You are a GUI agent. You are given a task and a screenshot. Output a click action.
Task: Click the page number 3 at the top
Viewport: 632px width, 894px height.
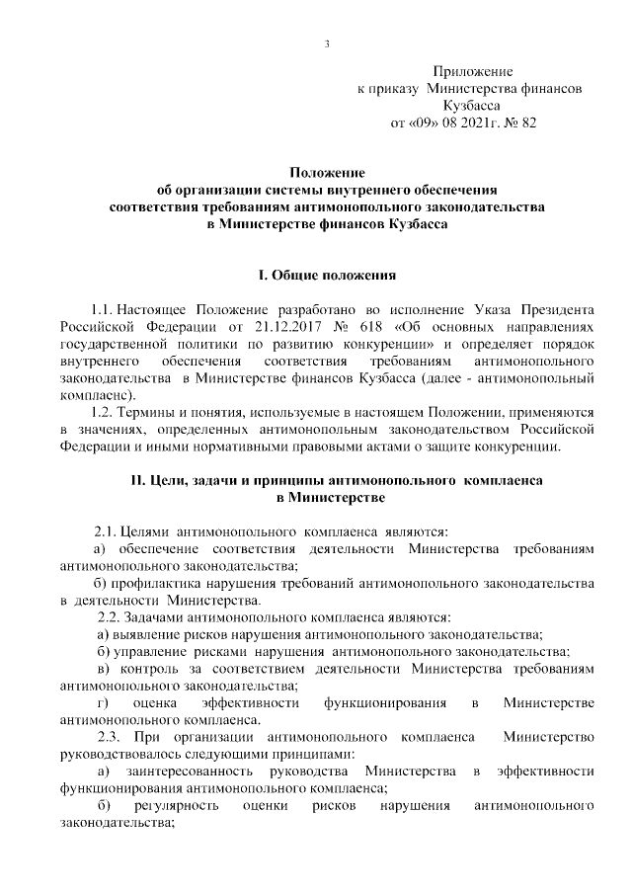[x=325, y=43]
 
